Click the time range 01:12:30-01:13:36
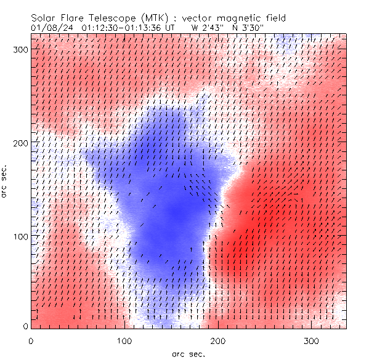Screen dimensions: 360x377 (x=127, y=27)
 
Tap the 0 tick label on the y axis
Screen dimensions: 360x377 (x=25, y=326)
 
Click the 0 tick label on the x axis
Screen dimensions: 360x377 (x=30, y=340)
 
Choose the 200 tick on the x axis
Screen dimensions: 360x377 (x=218, y=340)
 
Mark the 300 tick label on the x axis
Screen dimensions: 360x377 (x=312, y=340)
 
